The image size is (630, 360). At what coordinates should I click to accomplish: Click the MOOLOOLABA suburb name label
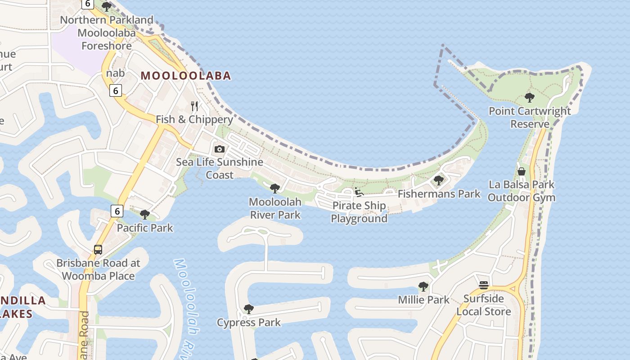point(186,76)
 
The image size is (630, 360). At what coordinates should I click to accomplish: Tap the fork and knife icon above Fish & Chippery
point(194,106)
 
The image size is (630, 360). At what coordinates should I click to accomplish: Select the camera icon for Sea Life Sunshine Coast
point(220,149)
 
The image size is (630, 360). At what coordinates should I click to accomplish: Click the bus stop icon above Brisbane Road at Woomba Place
point(98,250)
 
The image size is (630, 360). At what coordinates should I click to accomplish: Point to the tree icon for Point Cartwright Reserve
point(530,97)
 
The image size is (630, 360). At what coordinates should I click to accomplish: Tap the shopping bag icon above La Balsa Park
point(522,171)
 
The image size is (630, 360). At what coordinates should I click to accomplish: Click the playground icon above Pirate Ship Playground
point(359,192)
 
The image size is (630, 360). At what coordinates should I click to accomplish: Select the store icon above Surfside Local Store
point(484,285)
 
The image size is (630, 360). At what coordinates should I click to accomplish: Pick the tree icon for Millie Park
point(423,286)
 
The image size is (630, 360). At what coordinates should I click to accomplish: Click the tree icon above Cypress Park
point(248,309)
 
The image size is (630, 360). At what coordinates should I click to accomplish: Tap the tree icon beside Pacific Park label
point(145,215)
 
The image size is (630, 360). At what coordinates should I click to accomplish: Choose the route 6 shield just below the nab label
point(116,90)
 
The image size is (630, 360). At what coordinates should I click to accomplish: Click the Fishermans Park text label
point(439,194)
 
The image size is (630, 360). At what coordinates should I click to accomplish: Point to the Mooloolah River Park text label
point(275,208)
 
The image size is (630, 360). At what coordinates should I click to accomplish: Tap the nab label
point(115,73)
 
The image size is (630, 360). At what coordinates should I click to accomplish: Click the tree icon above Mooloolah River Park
point(275,189)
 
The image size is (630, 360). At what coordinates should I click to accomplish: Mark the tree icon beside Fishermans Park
point(439,180)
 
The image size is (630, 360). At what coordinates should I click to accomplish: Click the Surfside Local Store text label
point(484,305)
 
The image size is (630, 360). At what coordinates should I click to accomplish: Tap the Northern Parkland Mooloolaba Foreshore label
point(107,33)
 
